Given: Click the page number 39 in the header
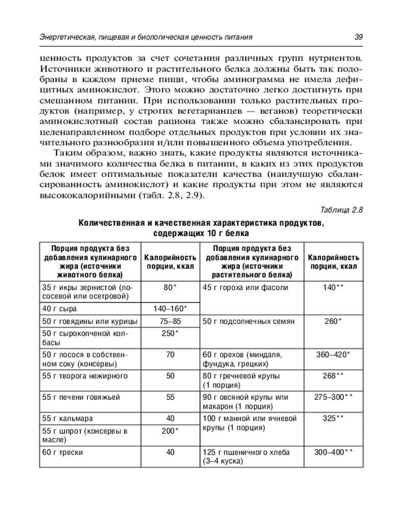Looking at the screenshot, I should point(358,37).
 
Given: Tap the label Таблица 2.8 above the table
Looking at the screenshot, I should point(341,210).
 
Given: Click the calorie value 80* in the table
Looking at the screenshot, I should point(170,287).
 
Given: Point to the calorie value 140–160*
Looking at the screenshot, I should point(170,309).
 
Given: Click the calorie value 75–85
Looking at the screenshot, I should point(170,321).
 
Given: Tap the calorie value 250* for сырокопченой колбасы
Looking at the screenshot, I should point(170,333).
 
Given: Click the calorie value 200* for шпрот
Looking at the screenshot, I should point(170,431).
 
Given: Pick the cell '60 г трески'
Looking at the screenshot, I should point(63,452).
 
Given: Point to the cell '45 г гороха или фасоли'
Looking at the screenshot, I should point(245,287).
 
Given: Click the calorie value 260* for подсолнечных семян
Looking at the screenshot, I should point(333,321).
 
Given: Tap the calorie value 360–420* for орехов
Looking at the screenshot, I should point(333,354).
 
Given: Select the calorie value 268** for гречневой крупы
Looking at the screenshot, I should point(333,376).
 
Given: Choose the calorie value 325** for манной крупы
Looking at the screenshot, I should point(333,418).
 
